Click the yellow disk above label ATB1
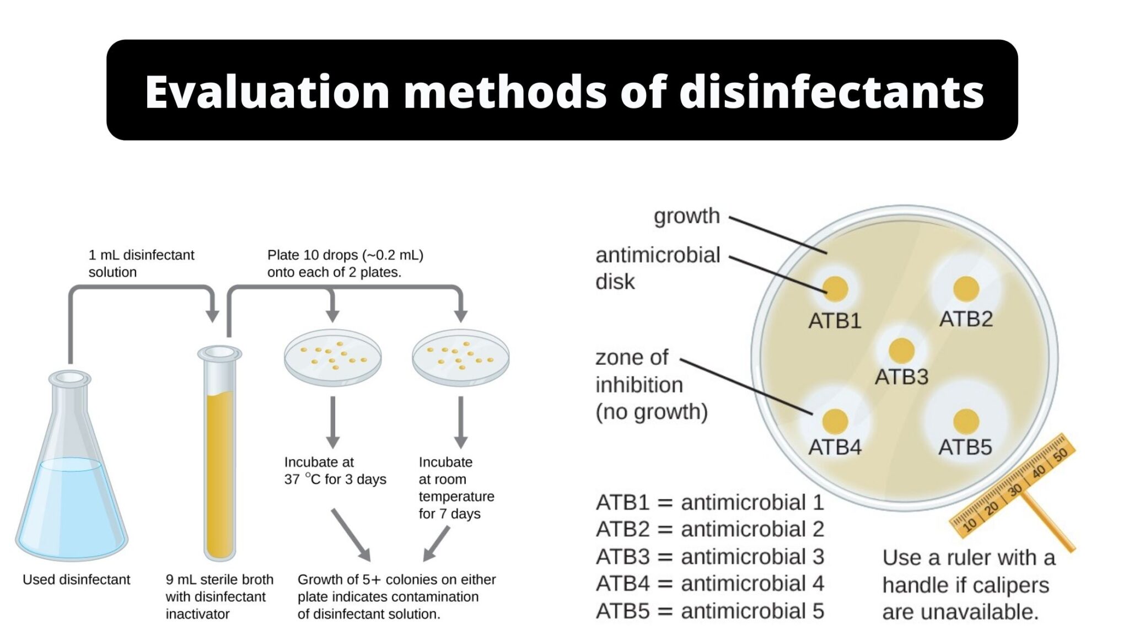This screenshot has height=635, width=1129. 835,288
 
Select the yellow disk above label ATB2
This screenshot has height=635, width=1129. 966,288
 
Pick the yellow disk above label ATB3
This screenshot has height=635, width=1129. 901,350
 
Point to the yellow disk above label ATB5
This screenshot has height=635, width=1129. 966,422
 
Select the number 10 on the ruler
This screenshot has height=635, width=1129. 969,524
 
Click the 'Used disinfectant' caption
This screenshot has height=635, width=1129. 76,579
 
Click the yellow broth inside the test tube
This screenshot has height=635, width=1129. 219,469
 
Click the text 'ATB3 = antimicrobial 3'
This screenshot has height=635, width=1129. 709,557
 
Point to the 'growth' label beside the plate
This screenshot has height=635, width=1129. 686,216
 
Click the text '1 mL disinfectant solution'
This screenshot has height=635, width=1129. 141,263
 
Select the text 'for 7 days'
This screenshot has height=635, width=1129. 449,514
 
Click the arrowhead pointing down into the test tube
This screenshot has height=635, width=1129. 212,316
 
